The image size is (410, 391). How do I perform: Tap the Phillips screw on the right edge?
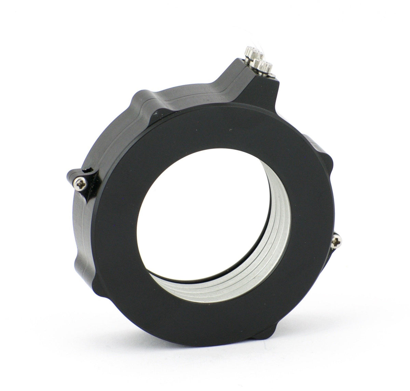tap(336, 243)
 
